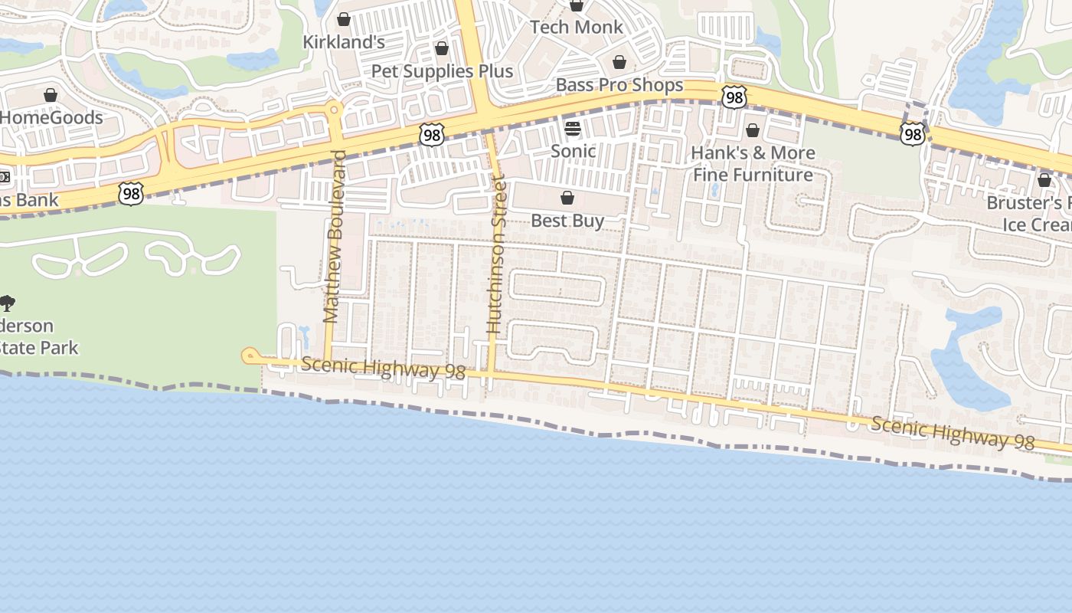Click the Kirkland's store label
click(344, 41)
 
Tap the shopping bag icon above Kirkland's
click(344, 19)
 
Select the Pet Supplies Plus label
click(442, 71)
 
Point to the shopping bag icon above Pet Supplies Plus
click(442, 49)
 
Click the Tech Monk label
click(577, 28)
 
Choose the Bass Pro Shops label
click(619, 84)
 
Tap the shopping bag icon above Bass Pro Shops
click(619, 62)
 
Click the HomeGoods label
click(51, 117)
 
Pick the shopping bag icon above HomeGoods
click(51, 95)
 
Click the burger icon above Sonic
click(573, 128)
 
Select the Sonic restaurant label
click(573, 151)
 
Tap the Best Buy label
click(567, 221)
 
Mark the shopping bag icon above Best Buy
click(567, 198)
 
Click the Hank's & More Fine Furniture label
click(753, 164)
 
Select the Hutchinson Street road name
click(497, 254)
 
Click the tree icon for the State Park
click(7, 303)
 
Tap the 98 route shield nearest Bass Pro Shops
click(734, 97)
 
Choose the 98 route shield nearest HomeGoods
click(131, 194)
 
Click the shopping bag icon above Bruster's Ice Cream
click(1044, 180)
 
